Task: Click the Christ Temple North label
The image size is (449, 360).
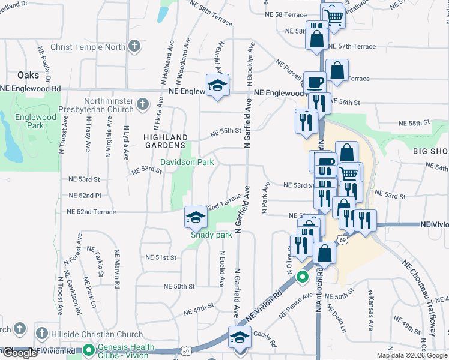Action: [89, 46]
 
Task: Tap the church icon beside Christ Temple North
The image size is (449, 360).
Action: [135, 46]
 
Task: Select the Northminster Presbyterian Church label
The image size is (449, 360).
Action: [96, 106]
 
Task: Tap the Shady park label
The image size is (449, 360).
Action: [211, 235]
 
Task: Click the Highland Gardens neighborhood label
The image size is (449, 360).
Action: [164, 142]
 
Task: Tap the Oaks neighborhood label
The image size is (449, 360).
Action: [28, 75]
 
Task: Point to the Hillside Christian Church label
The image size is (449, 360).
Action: [89, 332]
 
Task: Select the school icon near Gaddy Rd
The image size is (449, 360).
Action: [240, 337]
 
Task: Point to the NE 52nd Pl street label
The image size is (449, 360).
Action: [85, 196]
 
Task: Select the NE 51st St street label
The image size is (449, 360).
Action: [161, 257]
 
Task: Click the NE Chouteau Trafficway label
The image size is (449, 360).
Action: [418, 298]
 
